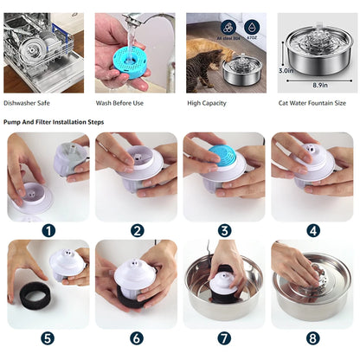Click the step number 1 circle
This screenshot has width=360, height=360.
click(48, 230)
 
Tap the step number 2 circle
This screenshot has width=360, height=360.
click(137, 230)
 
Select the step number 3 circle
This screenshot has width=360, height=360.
click(225, 230)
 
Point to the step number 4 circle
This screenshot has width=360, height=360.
click(313, 230)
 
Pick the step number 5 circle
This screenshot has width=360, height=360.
click(48, 337)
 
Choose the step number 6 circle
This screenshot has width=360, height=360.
click(137, 337)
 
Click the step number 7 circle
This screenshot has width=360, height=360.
click(225, 337)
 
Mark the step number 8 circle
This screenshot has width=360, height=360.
click(313, 337)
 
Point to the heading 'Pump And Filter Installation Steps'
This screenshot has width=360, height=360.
click(54, 122)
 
